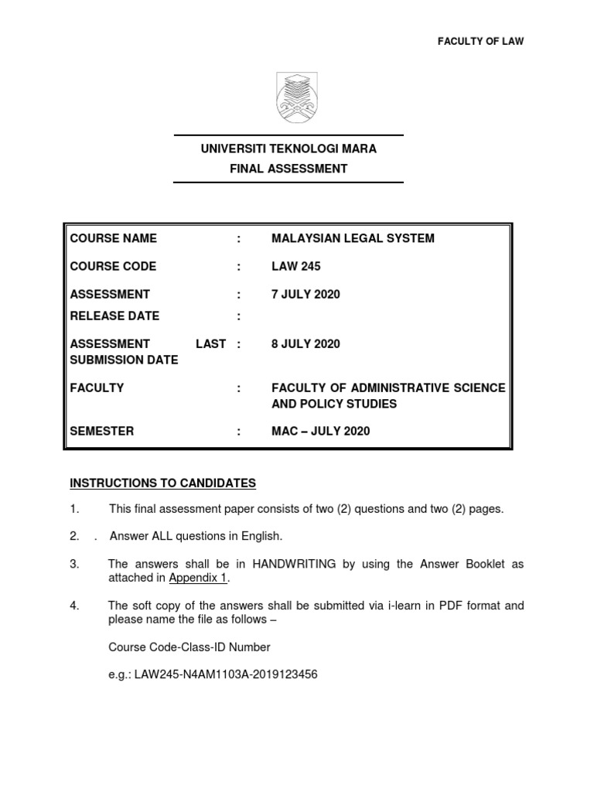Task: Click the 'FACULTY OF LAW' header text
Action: point(481,42)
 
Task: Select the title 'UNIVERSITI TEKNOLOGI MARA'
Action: point(288,148)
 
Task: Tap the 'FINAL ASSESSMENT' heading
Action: point(288,169)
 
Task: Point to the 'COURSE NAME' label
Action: point(113,238)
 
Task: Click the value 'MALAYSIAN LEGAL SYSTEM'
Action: point(353,238)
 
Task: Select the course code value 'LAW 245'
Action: point(295,266)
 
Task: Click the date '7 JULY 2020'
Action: point(306,294)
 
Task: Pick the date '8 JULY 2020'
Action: point(306,343)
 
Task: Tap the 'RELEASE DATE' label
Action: point(114,316)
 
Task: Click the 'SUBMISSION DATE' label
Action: point(124,360)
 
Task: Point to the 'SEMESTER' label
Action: point(102,431)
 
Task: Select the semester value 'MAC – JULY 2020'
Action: point(320,431)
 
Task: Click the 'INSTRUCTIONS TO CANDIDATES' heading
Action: point(162,483)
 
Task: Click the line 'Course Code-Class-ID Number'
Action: point(189,647)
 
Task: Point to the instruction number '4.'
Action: point(75,606)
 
